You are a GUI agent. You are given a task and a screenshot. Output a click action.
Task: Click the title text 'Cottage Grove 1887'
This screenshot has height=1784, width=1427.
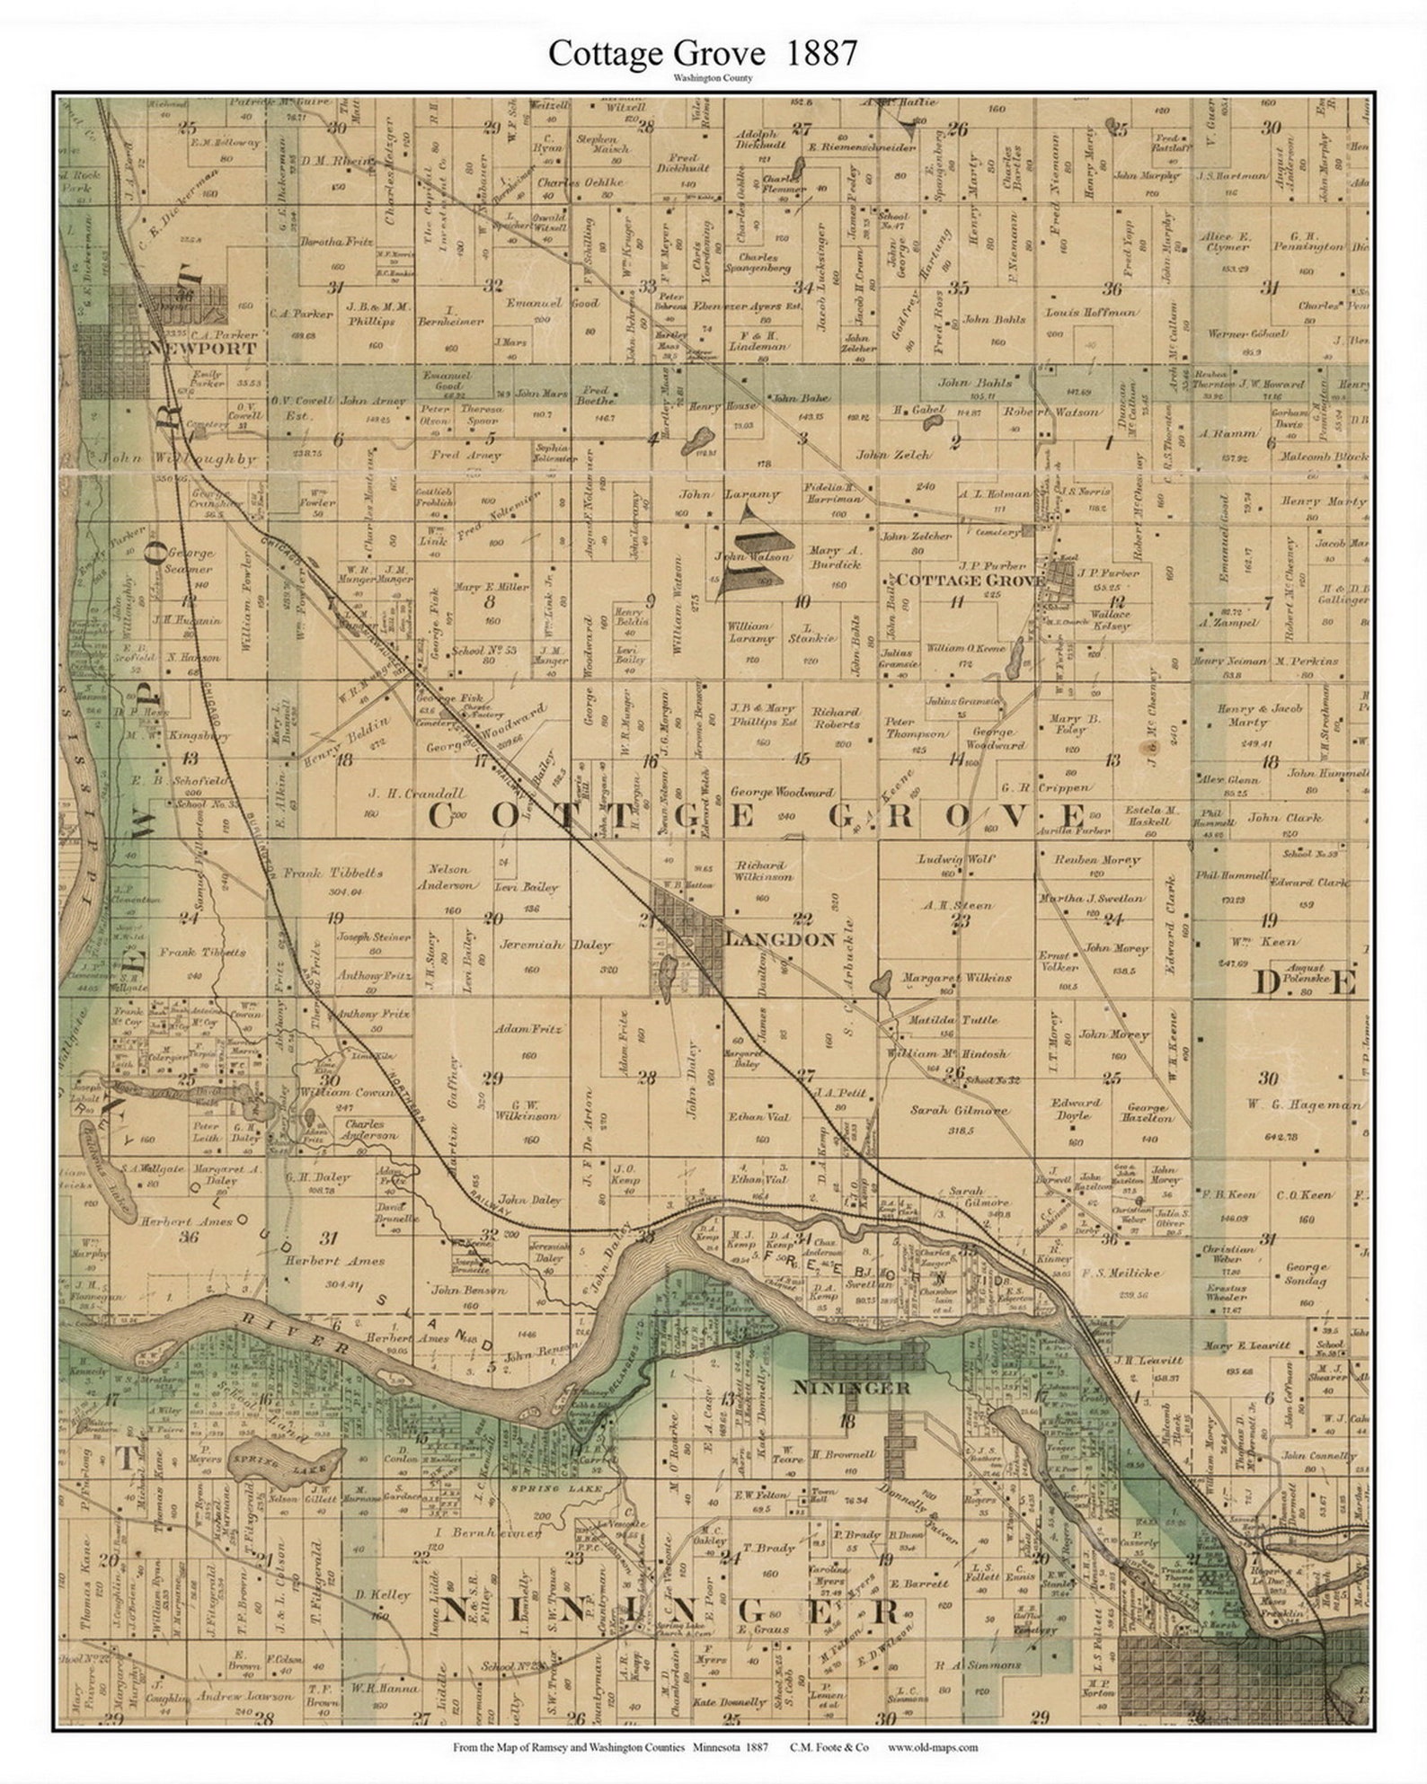pos(702,54)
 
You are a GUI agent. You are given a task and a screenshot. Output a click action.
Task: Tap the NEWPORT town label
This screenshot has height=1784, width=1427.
pos(203,349)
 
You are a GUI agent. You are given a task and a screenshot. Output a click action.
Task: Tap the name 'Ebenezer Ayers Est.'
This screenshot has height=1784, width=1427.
pos(737,306)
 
